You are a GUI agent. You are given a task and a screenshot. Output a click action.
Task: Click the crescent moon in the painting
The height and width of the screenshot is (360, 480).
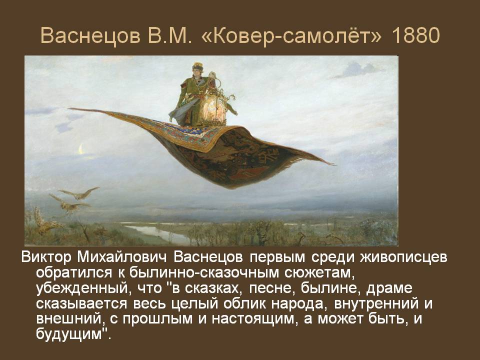point(80,148)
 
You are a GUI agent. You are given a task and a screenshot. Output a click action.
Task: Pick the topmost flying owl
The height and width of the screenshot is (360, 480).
point(80,193)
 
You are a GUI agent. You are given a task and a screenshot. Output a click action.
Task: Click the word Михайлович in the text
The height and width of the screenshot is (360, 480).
point(119,258)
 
